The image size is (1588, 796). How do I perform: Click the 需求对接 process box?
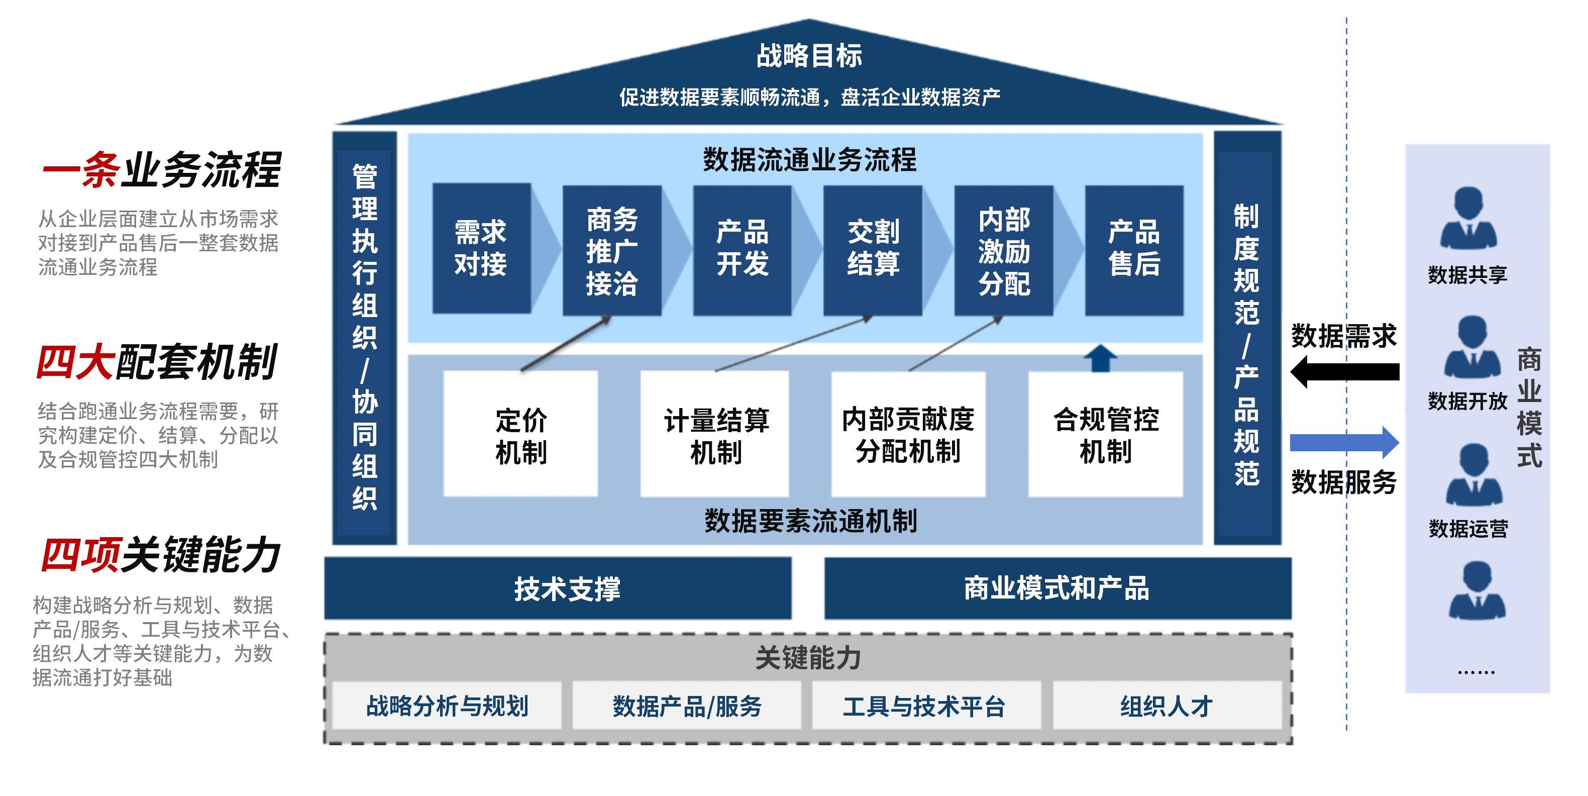(481, 248)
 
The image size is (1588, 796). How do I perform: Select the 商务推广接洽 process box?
(611, 250)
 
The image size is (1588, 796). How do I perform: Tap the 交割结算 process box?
(873, 249)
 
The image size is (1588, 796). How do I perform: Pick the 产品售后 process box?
(1134, 249)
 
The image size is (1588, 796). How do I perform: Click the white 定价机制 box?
(521, 434)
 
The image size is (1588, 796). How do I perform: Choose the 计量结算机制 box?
(715, 434)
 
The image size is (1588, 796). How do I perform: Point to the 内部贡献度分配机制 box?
(908, 434)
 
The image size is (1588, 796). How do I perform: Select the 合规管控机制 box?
(1106, 434)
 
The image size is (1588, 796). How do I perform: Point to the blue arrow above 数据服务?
(1344, 442)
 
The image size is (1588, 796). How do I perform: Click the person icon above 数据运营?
(1474, 475)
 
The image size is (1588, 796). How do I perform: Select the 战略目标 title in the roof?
(809, 55)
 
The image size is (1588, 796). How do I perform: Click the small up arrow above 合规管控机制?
(1100, 358)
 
